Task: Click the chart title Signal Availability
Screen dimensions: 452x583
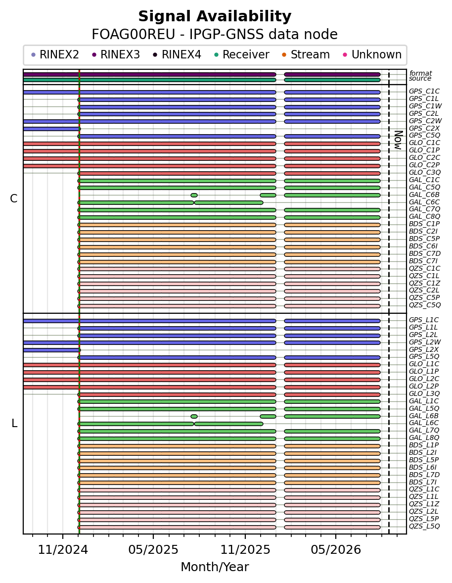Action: pos(215,16)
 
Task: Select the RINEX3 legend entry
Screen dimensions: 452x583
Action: pos(116,54)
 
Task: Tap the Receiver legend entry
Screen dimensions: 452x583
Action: pos(242,54)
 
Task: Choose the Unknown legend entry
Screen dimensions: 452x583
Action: pos(372,54)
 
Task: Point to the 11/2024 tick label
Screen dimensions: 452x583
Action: pos(63,549)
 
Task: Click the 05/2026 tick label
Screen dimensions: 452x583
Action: pos(336,549)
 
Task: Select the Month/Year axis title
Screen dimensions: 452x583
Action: pos(215,567)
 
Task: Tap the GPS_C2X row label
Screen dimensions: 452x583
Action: pos(424,128)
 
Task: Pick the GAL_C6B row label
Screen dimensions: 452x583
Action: pos(424,194)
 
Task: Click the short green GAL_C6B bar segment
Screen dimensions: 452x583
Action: pos(194,195)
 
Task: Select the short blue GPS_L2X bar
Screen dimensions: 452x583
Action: pos(51,350)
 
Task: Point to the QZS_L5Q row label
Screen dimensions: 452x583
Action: pos(424,526)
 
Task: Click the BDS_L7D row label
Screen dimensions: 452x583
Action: pos(424,475)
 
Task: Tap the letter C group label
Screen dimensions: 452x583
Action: pos(14,199)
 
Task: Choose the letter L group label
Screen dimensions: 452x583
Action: pos(14,423)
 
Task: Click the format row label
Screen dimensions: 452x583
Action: pos(420,73)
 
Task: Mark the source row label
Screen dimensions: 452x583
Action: pos(420,79)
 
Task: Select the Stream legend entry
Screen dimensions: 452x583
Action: pos(306,54)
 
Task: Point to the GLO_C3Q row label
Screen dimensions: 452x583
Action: pos(425,172)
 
